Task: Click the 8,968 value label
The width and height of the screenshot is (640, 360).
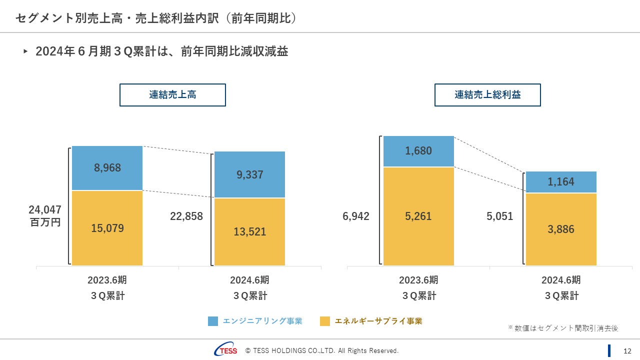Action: coord(107,168)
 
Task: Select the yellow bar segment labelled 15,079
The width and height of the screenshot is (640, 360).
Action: coord(107,240)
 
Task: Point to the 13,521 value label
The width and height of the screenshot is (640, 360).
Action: coord(250,232)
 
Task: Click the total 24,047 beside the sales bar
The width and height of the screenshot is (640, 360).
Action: coord(45,210)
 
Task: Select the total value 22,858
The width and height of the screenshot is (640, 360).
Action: coord(186,216)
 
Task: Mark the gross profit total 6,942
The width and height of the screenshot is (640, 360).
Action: coord(356,216)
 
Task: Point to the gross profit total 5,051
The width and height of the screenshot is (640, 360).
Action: coord(499,216)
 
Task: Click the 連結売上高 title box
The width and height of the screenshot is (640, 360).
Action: coord(172,95)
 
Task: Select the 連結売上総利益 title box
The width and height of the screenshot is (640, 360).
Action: coord(487,95)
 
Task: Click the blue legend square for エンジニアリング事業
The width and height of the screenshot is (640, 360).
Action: coord(213,321)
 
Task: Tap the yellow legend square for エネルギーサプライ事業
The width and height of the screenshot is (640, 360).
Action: coord(325,321)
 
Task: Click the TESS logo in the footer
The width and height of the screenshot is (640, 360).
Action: coord(226,350)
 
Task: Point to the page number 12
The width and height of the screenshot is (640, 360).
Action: coord(627,351)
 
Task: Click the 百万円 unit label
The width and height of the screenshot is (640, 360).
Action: coord(45,222)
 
